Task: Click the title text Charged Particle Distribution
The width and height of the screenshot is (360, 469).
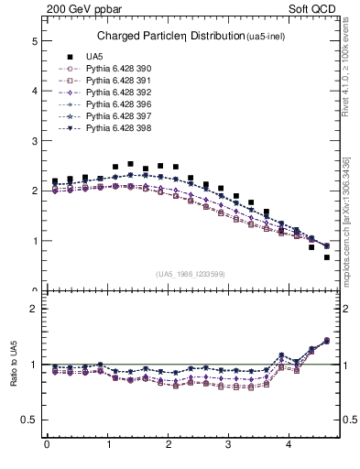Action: coord(169,36)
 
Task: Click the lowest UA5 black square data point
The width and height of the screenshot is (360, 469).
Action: coord(327,257)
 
